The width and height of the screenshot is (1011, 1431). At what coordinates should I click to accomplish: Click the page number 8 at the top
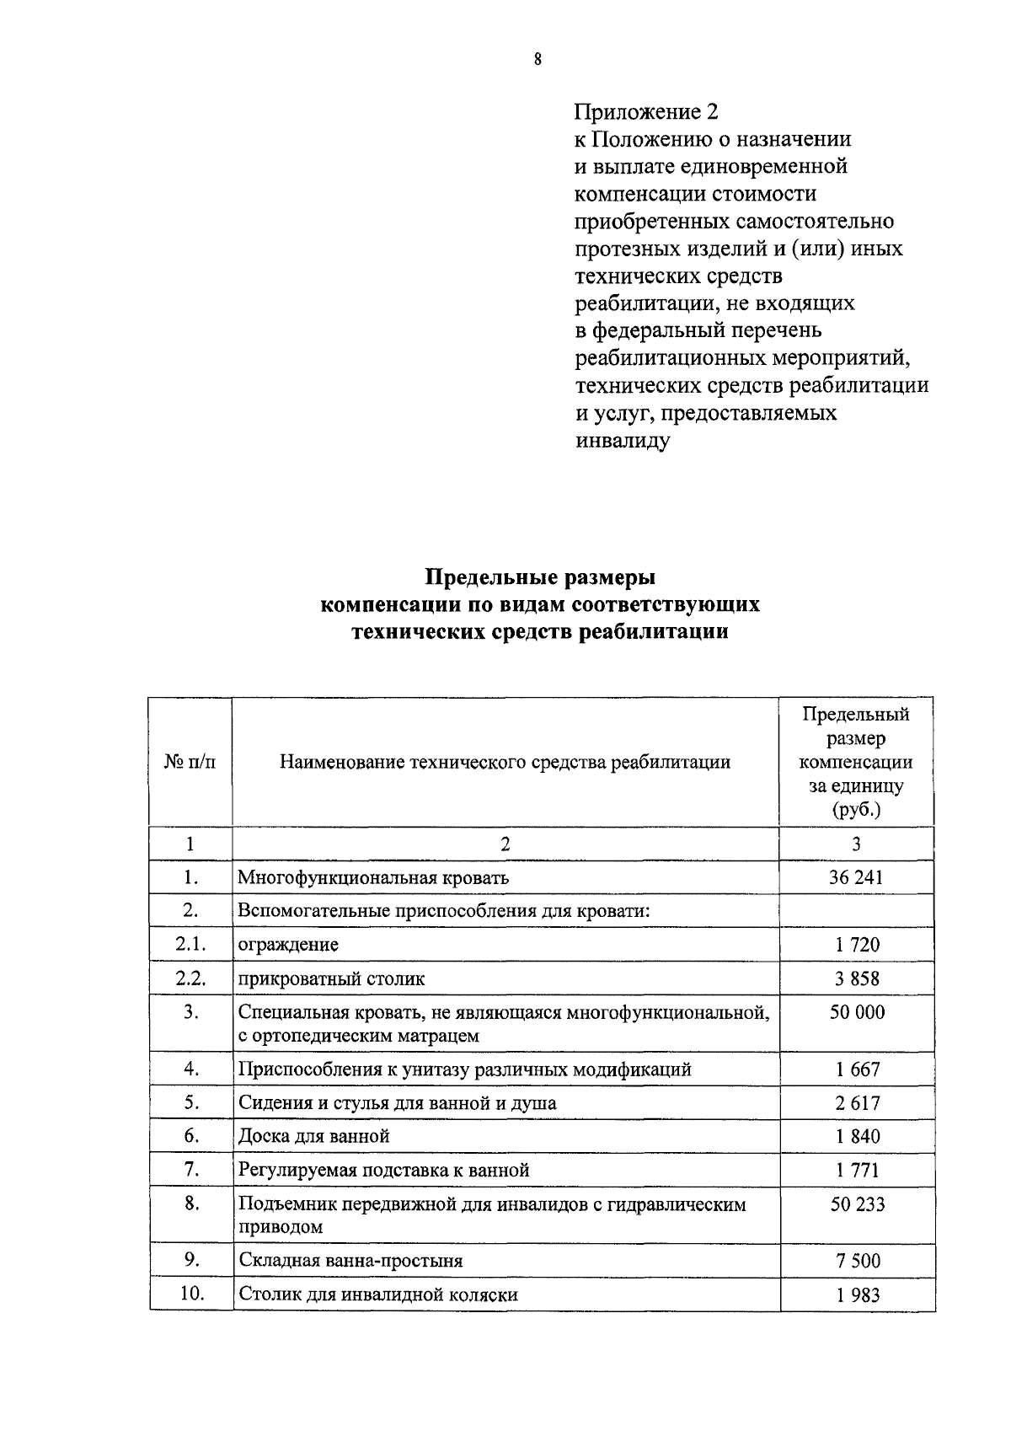(x=538, y=59)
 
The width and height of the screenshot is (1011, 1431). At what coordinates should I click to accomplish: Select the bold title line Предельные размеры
(x=539, y=577)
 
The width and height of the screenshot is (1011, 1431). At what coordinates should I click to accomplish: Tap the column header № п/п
(x=190, y=762)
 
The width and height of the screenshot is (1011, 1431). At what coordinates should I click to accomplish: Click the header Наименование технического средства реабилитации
(x=505, y=763)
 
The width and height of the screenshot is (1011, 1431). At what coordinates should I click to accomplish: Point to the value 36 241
(x=856, y=877)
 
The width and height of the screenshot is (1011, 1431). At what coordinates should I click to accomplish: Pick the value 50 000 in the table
(x=857, y=1013)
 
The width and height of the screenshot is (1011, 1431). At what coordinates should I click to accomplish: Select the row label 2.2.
(x=191, y=978)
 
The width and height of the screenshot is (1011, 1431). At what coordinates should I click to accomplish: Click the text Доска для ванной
(x=314, y=1136)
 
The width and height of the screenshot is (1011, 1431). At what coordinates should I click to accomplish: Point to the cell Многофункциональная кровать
(x=373, y=877)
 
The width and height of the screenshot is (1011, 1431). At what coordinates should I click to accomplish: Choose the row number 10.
(x=192, y=1293)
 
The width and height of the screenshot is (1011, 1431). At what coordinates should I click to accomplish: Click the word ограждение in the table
(x=288, y=945)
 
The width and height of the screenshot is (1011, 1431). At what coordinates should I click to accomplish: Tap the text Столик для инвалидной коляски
(x=378, y=1294)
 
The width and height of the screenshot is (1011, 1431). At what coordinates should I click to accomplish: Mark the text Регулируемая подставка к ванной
(x=384, y=1170)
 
